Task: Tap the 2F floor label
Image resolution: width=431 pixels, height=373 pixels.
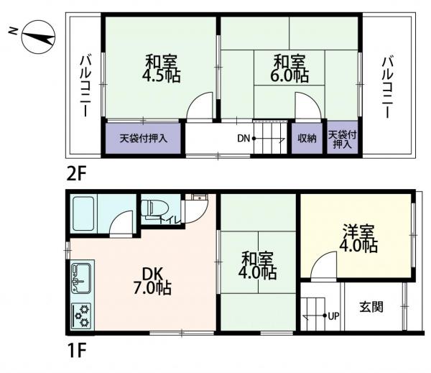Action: (78, 173)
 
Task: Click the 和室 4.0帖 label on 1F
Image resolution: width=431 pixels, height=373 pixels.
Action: (258, 264)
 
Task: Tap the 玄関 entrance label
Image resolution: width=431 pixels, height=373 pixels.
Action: (371, 307)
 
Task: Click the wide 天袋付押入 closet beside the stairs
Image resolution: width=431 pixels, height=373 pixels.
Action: (144, 138)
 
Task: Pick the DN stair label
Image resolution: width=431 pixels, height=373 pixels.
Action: (244, 138)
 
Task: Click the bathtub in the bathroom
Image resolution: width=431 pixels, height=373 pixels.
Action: (90, 209)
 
